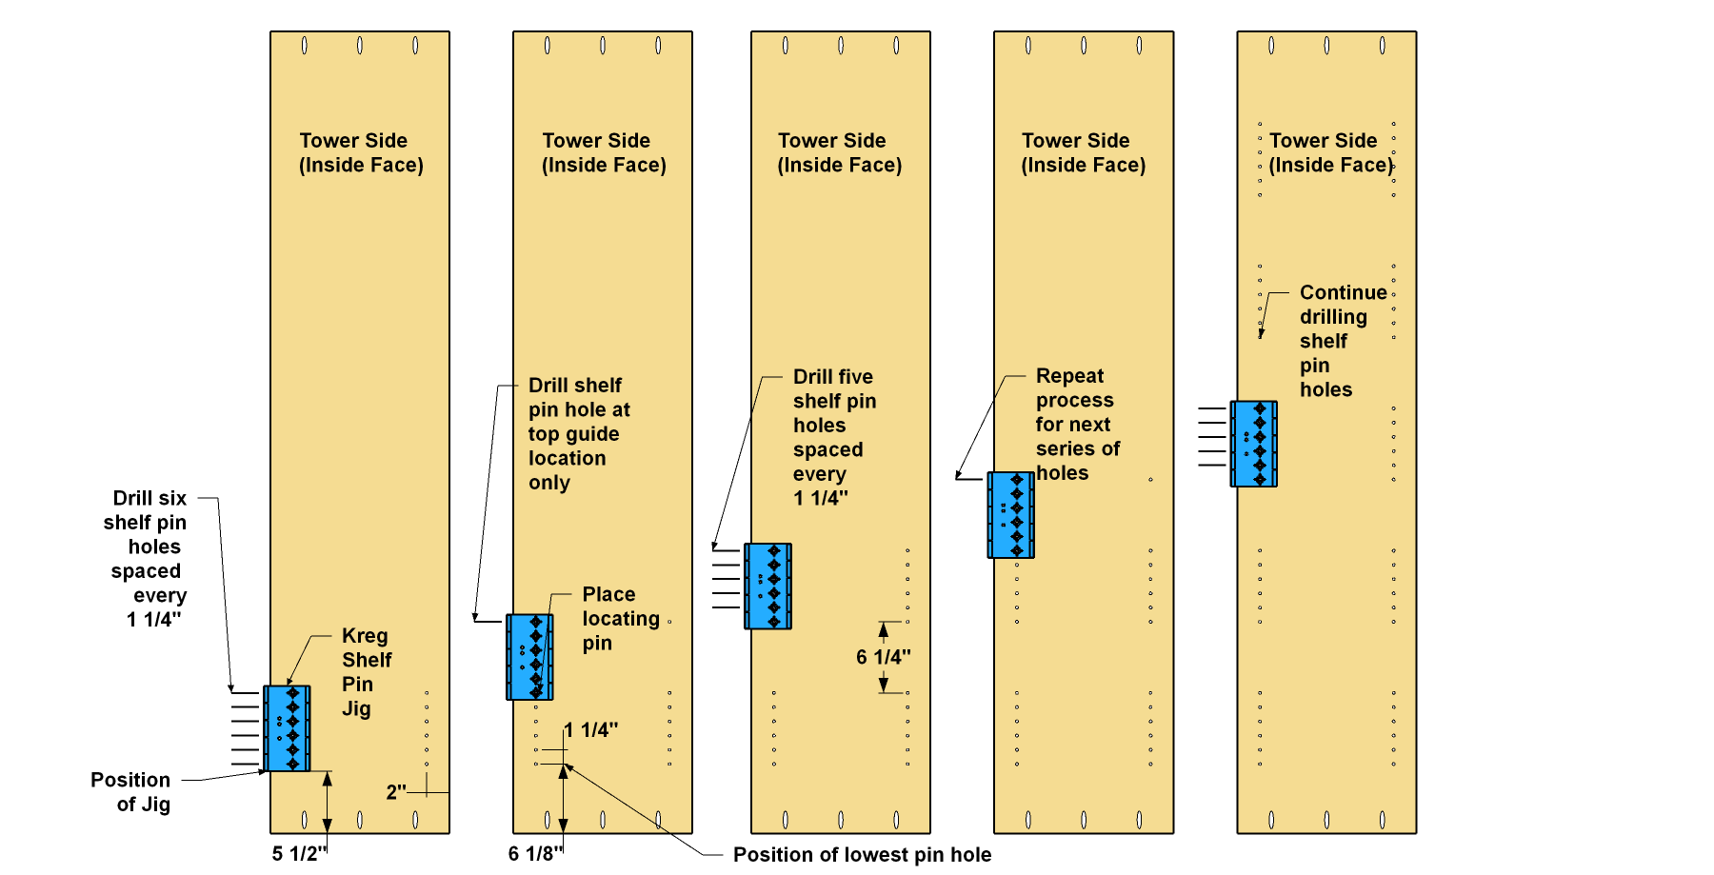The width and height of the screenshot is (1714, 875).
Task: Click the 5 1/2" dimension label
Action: (x=299, y=853)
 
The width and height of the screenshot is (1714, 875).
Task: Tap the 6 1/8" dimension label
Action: (x=535, y=853)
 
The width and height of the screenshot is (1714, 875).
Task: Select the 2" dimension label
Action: (x=396, y=792)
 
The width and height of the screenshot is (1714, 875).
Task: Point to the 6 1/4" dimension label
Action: (x=883, y=657)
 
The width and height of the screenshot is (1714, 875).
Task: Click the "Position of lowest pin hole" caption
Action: (x=862, y=855)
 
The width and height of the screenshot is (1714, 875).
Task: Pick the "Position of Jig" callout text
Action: (x=130, y=792)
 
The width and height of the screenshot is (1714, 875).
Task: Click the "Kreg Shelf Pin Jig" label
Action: (x=367, y=672)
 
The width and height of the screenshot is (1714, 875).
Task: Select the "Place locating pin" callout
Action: (x=621, y=619)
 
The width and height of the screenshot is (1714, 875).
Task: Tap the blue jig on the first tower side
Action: (x=287, y=728)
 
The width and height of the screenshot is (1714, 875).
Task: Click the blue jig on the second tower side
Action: (x=529, y=657)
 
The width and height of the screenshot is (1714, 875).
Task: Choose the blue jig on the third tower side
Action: (x=767, y=587)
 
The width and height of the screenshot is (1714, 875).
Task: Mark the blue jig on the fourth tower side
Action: (x=1011, y=515)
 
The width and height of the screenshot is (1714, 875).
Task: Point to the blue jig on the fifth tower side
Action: (x=1254, y=444)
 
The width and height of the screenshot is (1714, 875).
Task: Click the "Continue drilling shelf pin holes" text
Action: (x=1343, y=341)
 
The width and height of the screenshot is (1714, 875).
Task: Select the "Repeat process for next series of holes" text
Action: (x=1077, y=425)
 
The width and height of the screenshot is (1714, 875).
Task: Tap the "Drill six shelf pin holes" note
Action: (x=145, y=559)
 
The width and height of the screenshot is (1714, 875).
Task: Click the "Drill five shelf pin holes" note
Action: (x=834, y=437)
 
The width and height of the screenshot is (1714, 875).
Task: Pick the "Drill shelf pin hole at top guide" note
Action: (x=579, y=434)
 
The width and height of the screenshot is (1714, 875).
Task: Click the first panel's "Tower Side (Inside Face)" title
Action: (x=361, y=152)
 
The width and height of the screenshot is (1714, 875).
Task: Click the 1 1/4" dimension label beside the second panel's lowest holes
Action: (x=590, y=730)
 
